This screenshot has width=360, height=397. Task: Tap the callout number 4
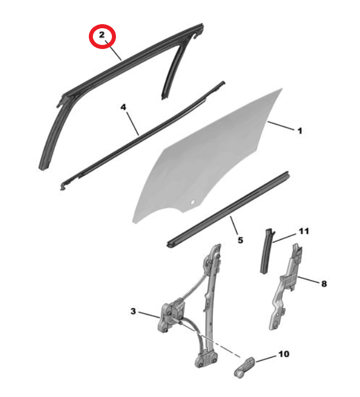pos(123,107)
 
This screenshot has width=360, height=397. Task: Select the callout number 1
pos(300,131)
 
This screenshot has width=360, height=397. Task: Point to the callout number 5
pos(240,240)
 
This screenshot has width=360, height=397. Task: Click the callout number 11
pos(303,231)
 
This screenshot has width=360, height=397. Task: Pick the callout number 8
pos(324,284)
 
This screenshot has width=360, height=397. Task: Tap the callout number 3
pos(133,311)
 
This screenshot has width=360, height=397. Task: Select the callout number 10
pos(284,354)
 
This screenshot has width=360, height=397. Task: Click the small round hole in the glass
pos(193,202)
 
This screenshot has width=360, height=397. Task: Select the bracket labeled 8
pos(285,286)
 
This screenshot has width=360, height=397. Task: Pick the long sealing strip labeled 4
pos(141,136)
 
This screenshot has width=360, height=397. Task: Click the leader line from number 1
pos(281,126)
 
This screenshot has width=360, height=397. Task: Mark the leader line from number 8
pos(307,279)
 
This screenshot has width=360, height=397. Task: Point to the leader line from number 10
pos(266,358)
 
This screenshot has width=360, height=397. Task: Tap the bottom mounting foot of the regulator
pos(206,358)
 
